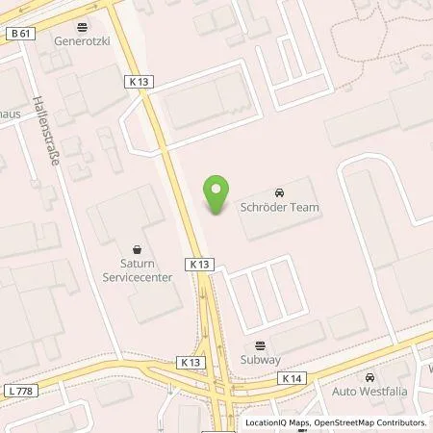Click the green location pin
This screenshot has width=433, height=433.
pyautogui.click(x=216, y=194)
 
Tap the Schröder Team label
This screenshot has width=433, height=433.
pyautogui.click(x=279, y=207)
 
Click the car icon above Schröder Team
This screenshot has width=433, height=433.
pyautogui.click(x=279, y=191)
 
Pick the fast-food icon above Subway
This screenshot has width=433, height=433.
pyautogui.click(x=260, y=345)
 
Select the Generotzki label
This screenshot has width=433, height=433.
pyautogui.click(x=82, y=43)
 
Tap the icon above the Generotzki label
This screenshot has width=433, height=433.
pyautogui.click(x=82, y=27)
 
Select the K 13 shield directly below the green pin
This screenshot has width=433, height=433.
pyautogui.click(x=199, y=263)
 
